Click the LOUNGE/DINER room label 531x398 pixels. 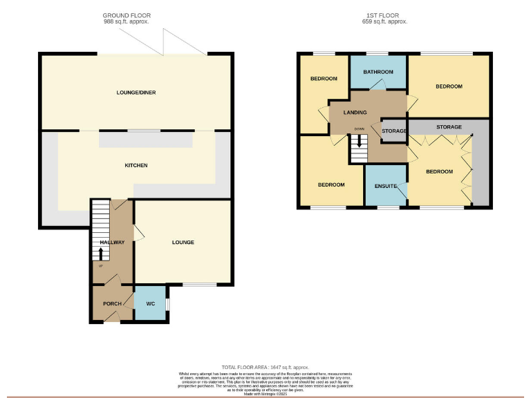coord(136,93)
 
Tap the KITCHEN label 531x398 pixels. coord(136,165)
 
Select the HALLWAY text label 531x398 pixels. coord(112,243)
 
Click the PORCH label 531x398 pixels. coord(112,303)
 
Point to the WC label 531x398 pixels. coord(151,303)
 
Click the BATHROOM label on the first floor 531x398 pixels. coord(378,72)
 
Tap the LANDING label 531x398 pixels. coord(353,113)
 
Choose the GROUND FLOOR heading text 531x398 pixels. coord(127,15)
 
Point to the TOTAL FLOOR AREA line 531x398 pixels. coord(265,367)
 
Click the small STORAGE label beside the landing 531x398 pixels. coord(394,131)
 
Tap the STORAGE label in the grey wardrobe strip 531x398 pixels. coord(449,127)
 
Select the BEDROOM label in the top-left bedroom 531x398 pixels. coord(324,79)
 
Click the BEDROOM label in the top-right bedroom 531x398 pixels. coord(449,86)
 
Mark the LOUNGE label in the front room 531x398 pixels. coord(183,243)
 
